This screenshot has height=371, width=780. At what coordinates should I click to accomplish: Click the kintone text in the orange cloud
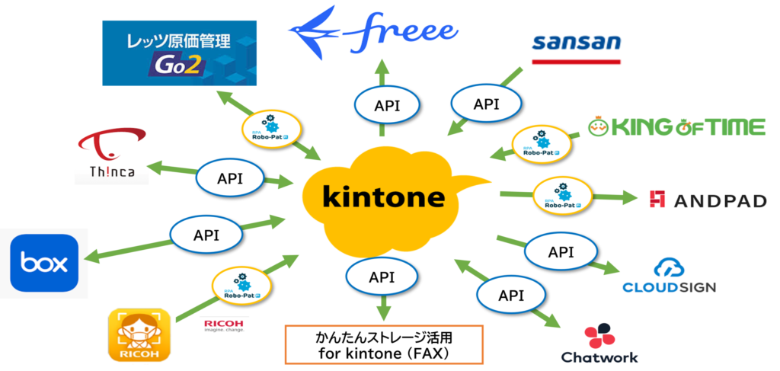(x=384, y=197)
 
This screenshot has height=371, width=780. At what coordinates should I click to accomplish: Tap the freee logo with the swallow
(x=372, y=32)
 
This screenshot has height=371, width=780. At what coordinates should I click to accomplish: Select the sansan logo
(x=577, y=43)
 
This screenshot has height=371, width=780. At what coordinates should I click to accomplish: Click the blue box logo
(x=44, y=264)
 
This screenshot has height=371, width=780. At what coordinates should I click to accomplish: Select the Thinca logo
(x=111, y=152)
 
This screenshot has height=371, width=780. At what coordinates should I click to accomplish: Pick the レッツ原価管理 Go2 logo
(x=180, y=53)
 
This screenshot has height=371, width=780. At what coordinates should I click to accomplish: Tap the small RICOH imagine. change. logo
(x=224, y=326)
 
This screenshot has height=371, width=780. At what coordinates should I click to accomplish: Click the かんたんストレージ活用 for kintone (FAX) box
(x=384, y=344)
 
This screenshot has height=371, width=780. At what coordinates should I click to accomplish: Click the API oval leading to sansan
(x=485, y=104)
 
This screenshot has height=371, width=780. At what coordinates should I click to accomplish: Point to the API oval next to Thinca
(x=230, y=178)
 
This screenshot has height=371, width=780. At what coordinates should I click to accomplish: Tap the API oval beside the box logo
(x=206, y=235)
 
